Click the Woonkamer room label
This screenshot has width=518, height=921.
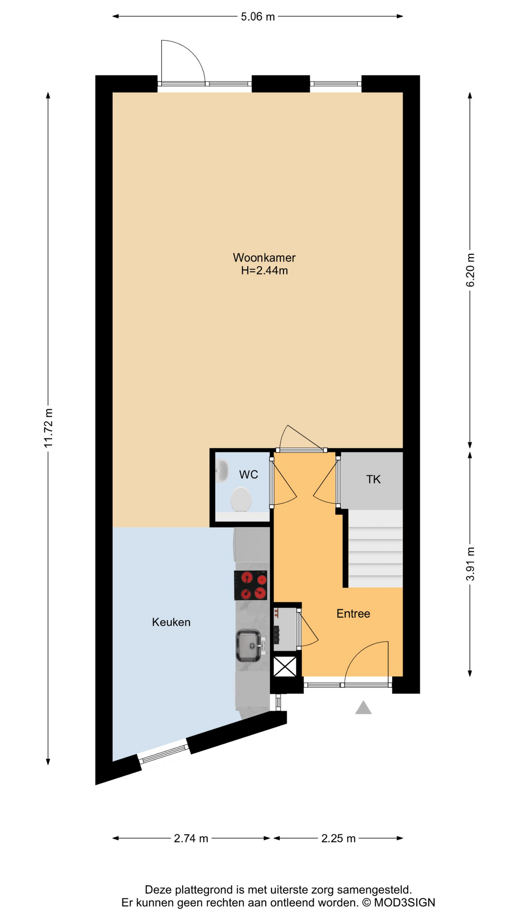pos(264,258)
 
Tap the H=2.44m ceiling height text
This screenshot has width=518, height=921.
pos(264,271)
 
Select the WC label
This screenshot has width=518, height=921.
pos(248,474)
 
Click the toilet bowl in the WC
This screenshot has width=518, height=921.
pos(241,500)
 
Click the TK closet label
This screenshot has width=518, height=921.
pos(373,479)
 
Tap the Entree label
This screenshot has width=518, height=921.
pos(353,614)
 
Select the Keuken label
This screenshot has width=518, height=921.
pos(171,622)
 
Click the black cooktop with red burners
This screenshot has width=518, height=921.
pos(250,585)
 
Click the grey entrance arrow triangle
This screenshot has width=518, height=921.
pos(364,708)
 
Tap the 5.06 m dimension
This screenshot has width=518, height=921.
pos(258,17)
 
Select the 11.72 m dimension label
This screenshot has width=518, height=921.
pos(48,428)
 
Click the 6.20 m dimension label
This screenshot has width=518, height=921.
pos(470,270)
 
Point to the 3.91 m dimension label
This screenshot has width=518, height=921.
pos(470,564)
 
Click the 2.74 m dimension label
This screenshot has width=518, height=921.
pos(191,838)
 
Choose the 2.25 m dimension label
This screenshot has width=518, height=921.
pos(338,838)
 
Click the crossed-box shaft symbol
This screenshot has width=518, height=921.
pos(285,666)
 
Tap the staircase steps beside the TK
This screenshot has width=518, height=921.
pos(376,549)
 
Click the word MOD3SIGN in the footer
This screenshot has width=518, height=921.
pos(404,903)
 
